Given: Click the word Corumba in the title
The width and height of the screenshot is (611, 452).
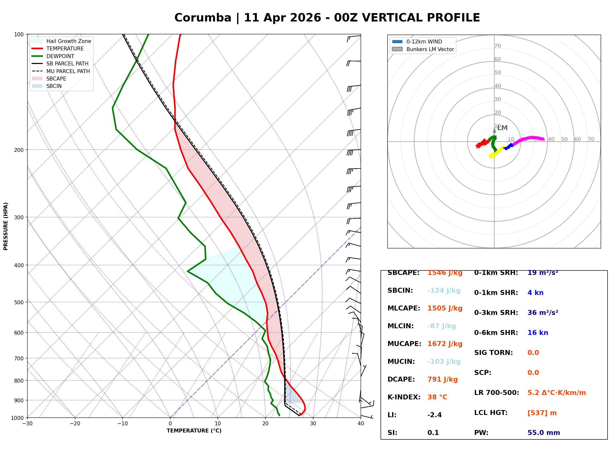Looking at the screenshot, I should tap(203, 18).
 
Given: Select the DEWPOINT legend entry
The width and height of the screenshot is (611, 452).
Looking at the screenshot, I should tap(60, 56).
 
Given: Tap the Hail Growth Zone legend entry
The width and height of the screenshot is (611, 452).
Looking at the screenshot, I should tap(68, 41).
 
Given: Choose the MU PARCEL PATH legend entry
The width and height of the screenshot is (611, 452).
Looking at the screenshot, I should tap(68, 71).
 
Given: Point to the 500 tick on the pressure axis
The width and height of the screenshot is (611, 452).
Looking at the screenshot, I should tap(19, 302).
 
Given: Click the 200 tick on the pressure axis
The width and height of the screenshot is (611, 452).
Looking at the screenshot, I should tap(19, 150).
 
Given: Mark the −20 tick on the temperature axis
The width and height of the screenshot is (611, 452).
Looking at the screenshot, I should tap(75, 424).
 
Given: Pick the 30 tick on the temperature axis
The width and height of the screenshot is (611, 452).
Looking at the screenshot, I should tap(313, 424).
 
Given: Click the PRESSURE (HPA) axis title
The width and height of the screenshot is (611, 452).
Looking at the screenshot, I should tap(6, 226).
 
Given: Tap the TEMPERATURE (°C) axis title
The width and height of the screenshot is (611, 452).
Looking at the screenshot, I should tap(194, 431).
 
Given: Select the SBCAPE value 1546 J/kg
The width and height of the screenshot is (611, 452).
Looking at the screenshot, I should tap(445, 273).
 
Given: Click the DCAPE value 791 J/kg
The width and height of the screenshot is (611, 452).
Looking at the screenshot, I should tap(443, 379).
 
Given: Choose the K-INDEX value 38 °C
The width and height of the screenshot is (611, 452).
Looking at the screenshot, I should tap(437, 397).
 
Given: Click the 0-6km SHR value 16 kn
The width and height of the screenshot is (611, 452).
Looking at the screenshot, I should tap(538, 333).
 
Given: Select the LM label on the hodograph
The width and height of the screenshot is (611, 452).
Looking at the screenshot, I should tap(502, 128).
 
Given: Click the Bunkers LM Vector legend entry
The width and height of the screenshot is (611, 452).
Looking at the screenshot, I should tap(430, 49).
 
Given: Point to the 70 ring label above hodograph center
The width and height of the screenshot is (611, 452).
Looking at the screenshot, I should tap(497, 46).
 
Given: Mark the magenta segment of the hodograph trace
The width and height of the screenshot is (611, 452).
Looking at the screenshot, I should tap(530, 138).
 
